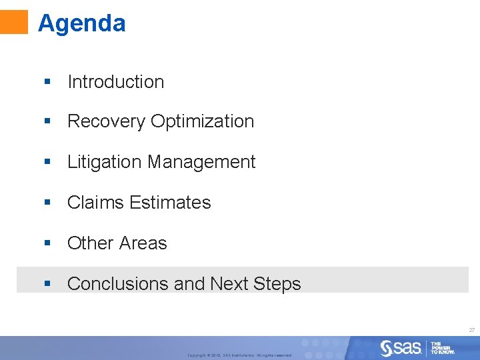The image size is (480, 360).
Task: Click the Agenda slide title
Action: pos(81,23)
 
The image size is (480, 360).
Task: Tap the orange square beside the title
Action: pos(14,21)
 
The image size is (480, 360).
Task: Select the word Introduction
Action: pos(115,82)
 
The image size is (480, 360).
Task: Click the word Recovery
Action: pos(107,121)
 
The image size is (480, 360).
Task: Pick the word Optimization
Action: pos(203,121)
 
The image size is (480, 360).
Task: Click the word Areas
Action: pos(144,243)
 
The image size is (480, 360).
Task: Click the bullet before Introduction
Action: pos(47,82)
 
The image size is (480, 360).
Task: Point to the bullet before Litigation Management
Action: pos(47,162)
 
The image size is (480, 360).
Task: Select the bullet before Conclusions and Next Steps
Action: pos(47,284)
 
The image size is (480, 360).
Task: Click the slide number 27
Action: pos(471,330)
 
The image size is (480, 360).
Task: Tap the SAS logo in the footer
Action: pos(401,347)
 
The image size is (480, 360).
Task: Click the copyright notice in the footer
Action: pos(239,355)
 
